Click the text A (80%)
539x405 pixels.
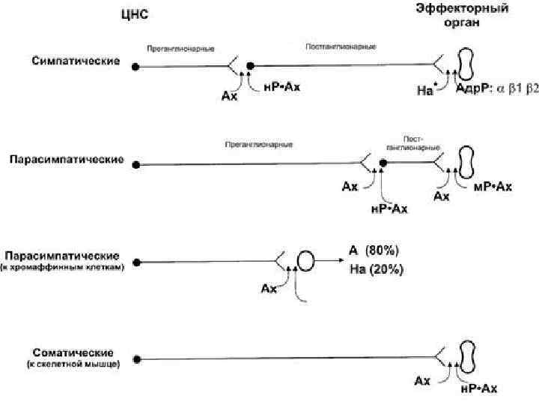click(374, 250)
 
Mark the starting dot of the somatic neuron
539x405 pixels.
click(136, 359)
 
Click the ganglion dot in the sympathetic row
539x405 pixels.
click(252, 66)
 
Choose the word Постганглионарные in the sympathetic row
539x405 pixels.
click(341, 46)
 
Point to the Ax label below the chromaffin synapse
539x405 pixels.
click(268, 289)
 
